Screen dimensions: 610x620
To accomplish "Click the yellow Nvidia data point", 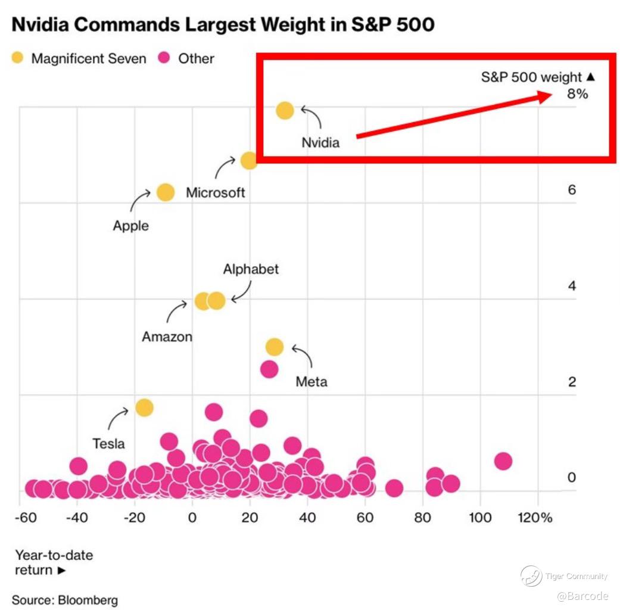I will pyautogui.click(x=285, y=110).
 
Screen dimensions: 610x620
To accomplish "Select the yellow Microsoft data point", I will pyautogui.click(x=249, y=160).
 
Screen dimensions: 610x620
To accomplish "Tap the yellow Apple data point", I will pyautogui.click(x=165, y=192).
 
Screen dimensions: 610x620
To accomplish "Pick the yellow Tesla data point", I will pyautogui.click(x=144, y=407).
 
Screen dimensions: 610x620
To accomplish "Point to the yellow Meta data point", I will pyautogui.click(x=274, y=347).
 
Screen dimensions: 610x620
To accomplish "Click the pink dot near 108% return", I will pyautogui.click(x=503, y=460).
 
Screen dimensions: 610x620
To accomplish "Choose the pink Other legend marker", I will pyautogui.click(x=165, y=58).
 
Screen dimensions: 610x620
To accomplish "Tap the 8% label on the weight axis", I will pyautogui.click(x=577, y=94).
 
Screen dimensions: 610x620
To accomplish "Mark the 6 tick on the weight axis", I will pyautogui.click(x=572, y=190).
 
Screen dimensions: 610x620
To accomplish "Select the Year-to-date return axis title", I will pyautogui.click(x=54, y=562).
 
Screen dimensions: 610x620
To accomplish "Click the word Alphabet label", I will pyautogui.click(x=251, y=269).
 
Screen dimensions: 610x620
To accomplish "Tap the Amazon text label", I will pyautogui.click(x=167, y=337).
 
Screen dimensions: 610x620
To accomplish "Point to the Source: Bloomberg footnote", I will pyautogui.click(x=65, y=599).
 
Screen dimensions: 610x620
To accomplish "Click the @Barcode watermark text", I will pyautogui.click(x=582, y=596).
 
